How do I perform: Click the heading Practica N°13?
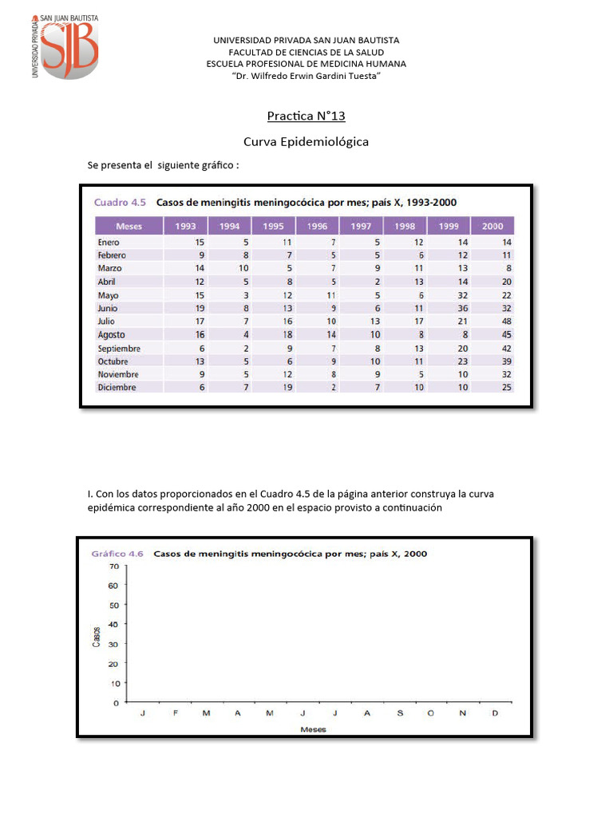[306, 116]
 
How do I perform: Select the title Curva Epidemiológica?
[306, 141]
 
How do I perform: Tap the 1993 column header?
[185, 226]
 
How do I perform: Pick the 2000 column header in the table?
[492, 226]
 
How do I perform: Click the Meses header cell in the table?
[129, 226]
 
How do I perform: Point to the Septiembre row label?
[119, 348]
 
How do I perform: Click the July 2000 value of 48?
[505, 322]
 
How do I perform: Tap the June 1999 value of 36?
[461, 308]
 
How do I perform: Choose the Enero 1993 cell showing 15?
[199, 242]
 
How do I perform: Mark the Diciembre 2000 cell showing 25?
[505, 388]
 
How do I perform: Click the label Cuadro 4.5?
[120, 202]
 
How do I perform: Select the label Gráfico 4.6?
[117, 553]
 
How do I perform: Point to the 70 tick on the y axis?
[113, 566]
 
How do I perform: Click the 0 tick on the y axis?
[116, 703]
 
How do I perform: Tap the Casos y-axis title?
[97, 635]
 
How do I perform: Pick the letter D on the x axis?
[495, 713]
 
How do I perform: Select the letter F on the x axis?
[175, 713]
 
